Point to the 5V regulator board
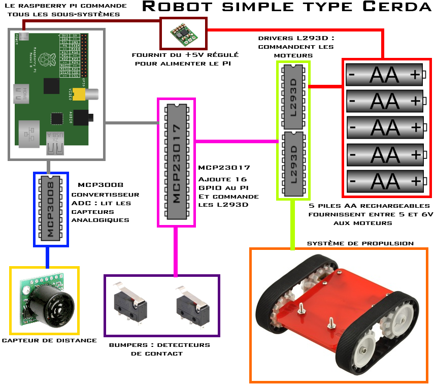[182, 34]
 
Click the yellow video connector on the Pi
[80, 94]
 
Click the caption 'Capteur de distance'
[49, 340]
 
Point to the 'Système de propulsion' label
[360, 243]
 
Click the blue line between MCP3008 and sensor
[47, 256]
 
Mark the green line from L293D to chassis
[292, 223]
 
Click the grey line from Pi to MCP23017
[132, 123]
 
